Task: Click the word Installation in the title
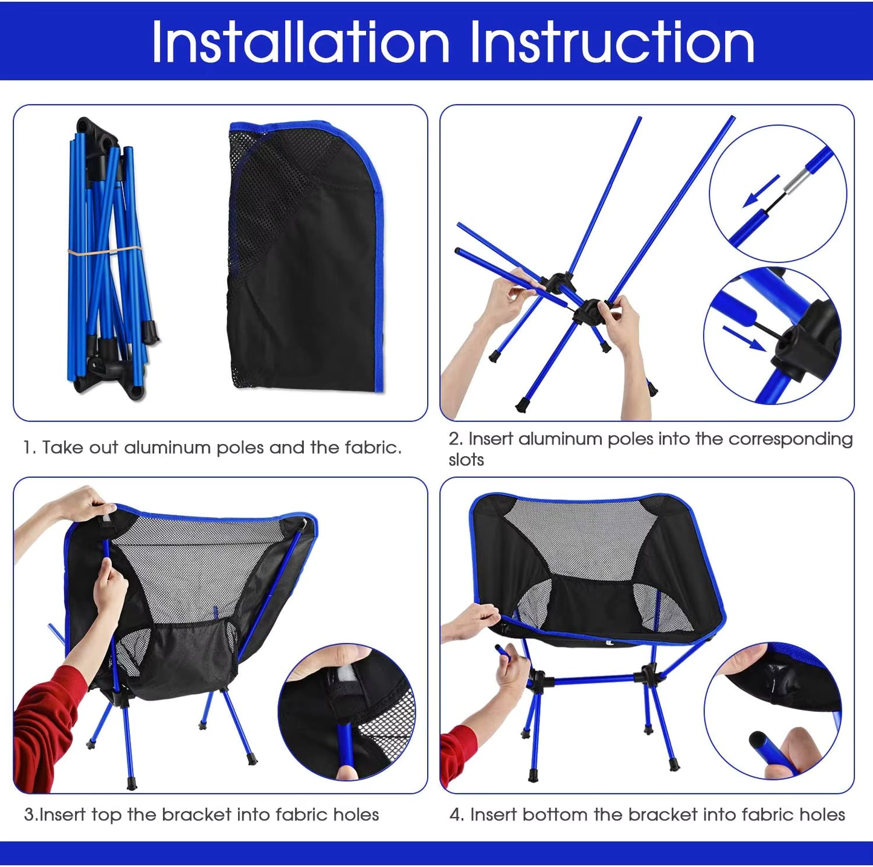[x=300, y=42]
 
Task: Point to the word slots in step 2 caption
[x=466, y=460]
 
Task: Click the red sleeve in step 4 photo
[x=458, y=755]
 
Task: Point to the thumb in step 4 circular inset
[x=801, y=749]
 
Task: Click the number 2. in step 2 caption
[x=456, y=439]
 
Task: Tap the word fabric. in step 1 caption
[x=373, y=448]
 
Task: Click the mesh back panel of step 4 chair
[x=580, y=538]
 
